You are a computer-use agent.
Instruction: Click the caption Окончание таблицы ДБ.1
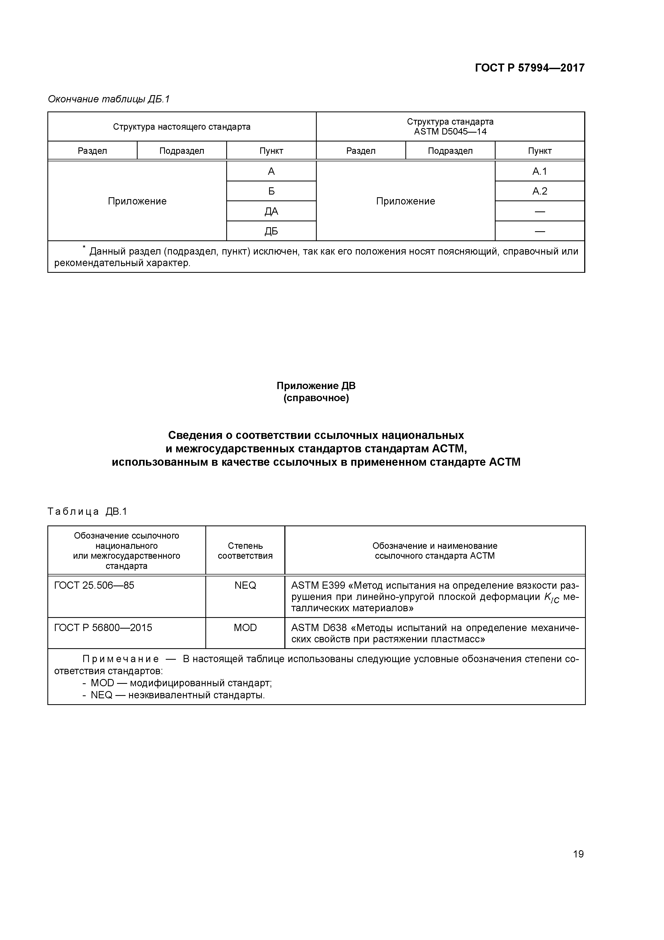[x=108, y=99]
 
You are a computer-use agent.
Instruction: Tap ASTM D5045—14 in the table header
[x=450, y=132]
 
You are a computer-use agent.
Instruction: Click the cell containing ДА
[x=271, y=211]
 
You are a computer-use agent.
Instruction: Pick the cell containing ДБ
[x=271, y=231]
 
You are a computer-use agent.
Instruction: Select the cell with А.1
[x=539, y=171]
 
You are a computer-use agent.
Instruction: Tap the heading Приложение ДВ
[x=316, y=386]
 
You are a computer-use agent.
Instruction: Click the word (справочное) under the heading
[x=316, y=398]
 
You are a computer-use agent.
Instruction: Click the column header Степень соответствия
[x=245, y=551]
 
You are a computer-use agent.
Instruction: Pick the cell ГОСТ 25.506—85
[x=94, y=585]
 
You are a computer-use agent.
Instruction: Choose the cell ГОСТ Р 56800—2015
[x=103, y=628]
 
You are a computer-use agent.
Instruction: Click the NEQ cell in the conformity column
[x=245, y=585]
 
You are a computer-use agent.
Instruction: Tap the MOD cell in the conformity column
[x=245, y=628]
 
